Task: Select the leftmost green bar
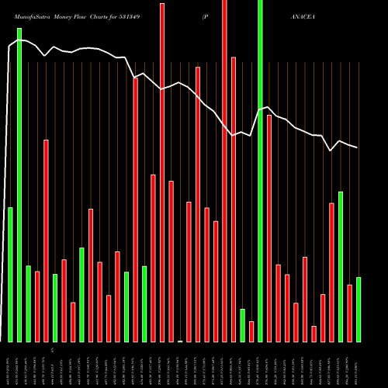(x=10, y=275)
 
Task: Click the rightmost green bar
(x=359, y=310)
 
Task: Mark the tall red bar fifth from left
(x=46, y=241)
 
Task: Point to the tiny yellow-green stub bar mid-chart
(x=180, y=341)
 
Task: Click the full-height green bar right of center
(x=260, y=171)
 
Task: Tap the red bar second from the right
(x=350, y=314)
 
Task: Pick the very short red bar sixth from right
(x=314, y=334)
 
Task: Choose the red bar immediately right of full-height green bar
(x=269, y=228)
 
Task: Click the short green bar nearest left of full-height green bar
(x=242, y=325)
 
